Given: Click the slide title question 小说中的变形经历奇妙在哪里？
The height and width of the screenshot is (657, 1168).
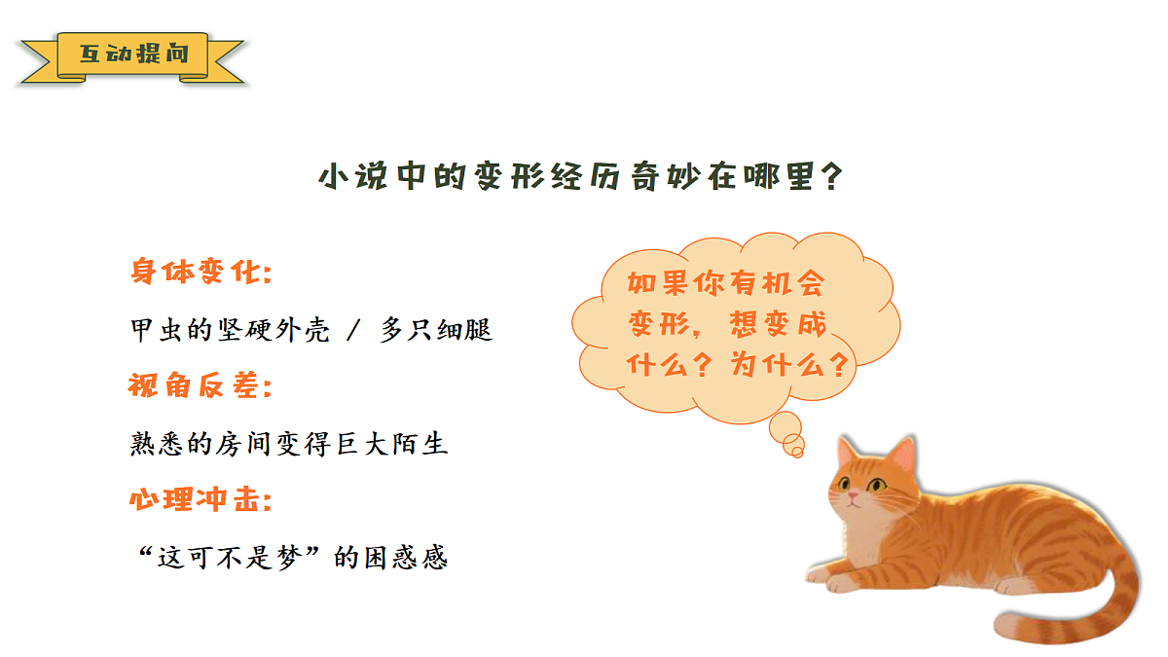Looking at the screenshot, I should click(x=581, y=178).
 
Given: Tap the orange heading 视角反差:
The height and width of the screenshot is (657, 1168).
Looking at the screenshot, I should click(x=200, y=386).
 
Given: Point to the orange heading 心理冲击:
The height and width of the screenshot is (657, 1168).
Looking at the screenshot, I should click(x=200, y=501).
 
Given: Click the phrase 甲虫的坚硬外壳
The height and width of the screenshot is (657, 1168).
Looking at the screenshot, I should click(x=230, y=330).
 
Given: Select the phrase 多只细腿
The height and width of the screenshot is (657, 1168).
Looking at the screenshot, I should click(x=437, y=330).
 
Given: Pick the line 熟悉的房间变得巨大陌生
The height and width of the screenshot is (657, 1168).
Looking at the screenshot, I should click(x=289, y=445).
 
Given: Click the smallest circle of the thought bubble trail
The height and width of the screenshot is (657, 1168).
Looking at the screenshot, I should click(x=796, y=451).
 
